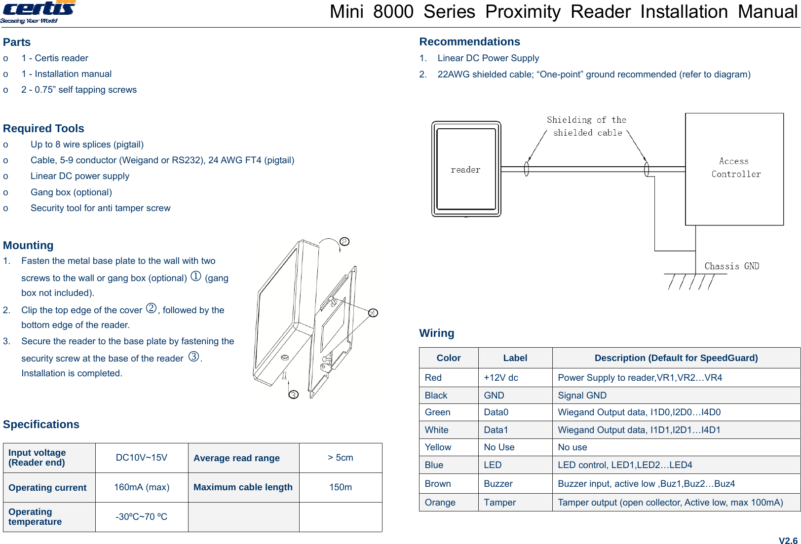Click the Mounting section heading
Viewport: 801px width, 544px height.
tap(28, 245)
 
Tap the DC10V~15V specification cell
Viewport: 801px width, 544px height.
tap(142, 458)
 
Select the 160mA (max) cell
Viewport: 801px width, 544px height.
tap(142, 487)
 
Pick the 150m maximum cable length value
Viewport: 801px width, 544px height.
tap(341, 487)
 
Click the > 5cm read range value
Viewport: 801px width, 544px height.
tap(341, 458)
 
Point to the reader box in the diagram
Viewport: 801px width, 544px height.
tap(466, 169)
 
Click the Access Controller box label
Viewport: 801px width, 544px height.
tap(735, 168)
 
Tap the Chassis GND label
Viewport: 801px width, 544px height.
tap(731, 266)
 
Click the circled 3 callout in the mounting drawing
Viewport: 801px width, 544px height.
tap(294, 395)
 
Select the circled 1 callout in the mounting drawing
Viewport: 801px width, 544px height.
tap(373, 313)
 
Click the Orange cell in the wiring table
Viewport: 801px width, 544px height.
tap(440, 502)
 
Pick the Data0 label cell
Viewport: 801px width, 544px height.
tap(496, 412)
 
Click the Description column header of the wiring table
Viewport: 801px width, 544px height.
tap(676, 358)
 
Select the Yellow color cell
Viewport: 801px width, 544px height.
tap(438, 447)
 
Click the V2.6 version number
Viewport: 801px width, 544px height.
tap(788, 541)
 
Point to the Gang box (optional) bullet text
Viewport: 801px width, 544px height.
tap(71, 192)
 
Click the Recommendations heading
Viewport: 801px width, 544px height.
tap(469, 42)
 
